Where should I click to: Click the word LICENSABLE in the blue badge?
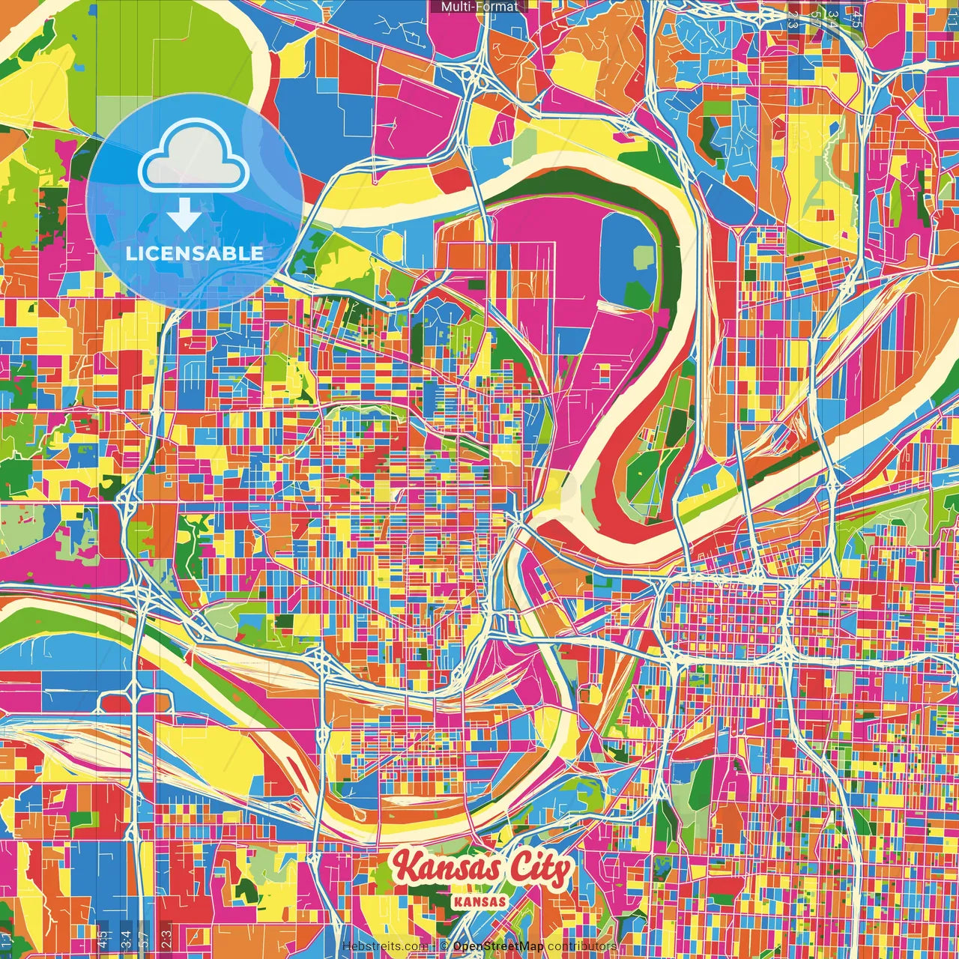(194, 253)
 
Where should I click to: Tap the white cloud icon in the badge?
(194, 160)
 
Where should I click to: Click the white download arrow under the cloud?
(184, 215)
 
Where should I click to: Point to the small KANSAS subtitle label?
(479, 901)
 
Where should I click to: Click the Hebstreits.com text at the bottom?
(384, 946)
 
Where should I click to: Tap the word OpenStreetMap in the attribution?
(498, 946)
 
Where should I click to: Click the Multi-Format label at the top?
(479, 7)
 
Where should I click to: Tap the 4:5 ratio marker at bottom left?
(103, 938)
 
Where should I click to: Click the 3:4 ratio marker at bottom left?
(125, 938)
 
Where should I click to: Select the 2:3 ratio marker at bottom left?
(166, 938)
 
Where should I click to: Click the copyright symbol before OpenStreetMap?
(444, 946)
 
